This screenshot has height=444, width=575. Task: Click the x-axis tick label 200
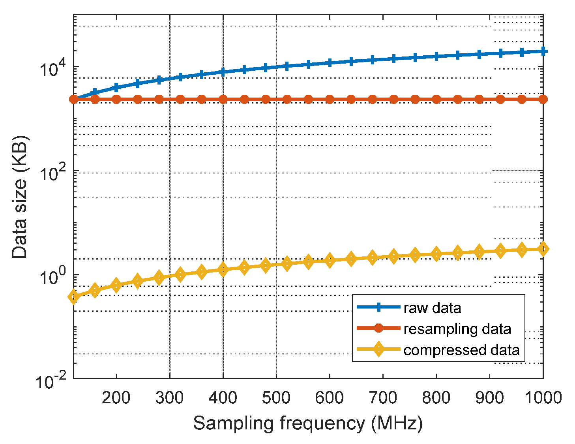[x=116, y=397]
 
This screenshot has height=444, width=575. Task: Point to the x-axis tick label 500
[x=276, y=397]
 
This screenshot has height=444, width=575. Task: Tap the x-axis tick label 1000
[x=543, y=397]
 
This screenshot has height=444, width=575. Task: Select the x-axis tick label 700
[x=383, y=397]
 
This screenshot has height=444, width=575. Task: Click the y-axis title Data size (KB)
[x=20, y=197]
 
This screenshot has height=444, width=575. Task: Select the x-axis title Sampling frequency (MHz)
[x=307, y=423]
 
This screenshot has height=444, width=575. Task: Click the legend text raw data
[x=432, y=308]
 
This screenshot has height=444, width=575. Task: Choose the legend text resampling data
[x=457, y=329]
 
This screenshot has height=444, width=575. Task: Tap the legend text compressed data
[x=461, y=350]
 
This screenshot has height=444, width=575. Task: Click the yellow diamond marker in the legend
[x=378, y=349]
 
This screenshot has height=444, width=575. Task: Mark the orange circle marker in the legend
[x=378, y=328]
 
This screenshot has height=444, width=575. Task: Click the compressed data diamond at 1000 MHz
[x=543, y=249]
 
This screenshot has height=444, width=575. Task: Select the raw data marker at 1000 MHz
[x=543, y=51]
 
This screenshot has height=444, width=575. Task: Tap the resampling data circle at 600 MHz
[x=330, y=99]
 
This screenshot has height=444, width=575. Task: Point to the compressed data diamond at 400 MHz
[x=223, y=270]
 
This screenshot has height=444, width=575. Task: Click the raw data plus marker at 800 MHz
[x=436, y=56]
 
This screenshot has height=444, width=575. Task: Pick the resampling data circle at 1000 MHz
[x=543, y=99]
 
